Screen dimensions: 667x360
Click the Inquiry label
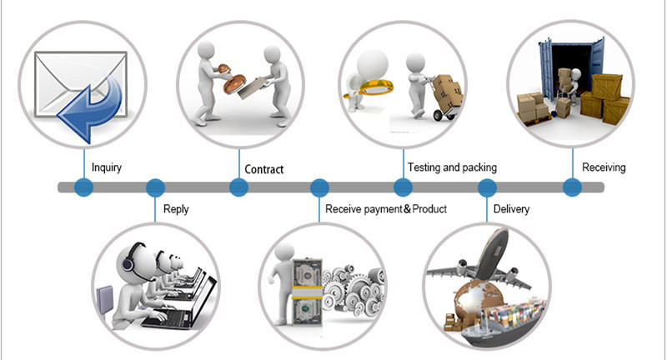tap(107, 167)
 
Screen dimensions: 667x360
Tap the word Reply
tap(176, 209)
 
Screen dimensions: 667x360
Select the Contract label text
tap(263, 169)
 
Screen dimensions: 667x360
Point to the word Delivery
tap(511, 209)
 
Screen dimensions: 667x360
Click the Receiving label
tap(604, 167)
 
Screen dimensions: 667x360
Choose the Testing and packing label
tap(452, 167)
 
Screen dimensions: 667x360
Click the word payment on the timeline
tap(382, 209)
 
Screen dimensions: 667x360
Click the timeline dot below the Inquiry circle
tap(84, 187)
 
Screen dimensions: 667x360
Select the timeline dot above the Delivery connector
tap(487, 187)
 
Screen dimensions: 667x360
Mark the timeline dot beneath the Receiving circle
tap(572, 187)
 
